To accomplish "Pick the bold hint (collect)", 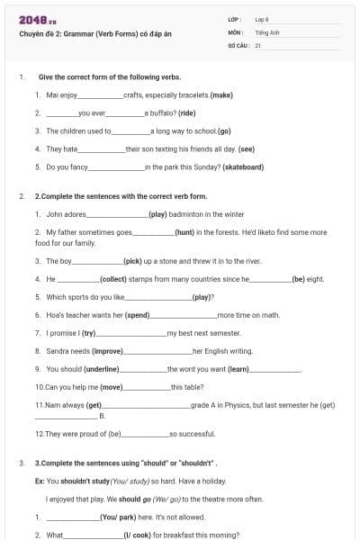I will point(112,279).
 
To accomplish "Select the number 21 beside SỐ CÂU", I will point(257,44).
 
